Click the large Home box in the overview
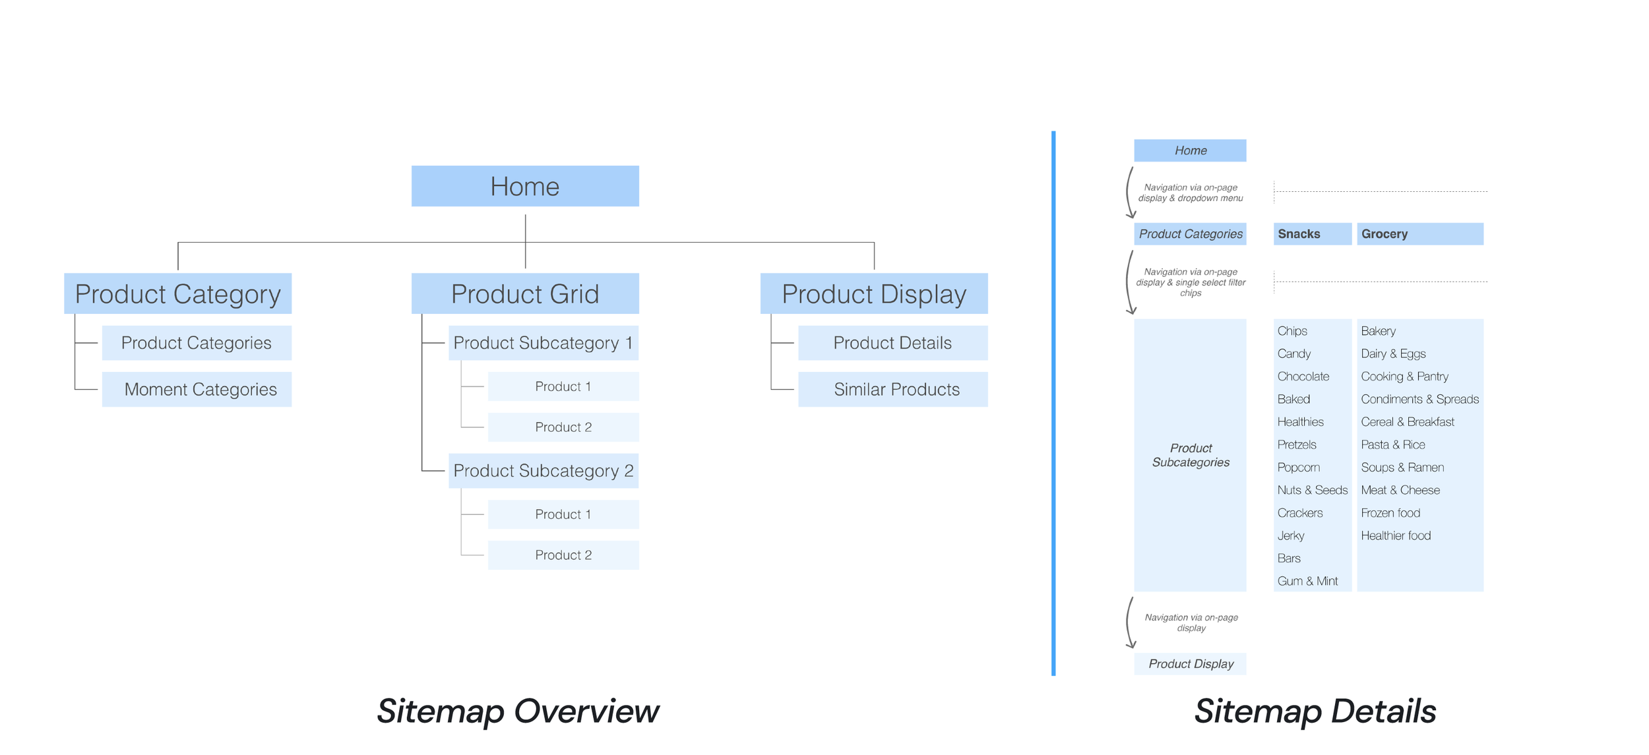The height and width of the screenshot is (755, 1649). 525,186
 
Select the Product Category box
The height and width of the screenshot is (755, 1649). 177,293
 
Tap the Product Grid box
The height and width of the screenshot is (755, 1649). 525,293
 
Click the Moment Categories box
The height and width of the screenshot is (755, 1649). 197,389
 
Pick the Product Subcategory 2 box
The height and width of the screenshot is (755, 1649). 544,471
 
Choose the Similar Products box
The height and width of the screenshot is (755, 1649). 893,389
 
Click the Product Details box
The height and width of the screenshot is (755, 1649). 893,343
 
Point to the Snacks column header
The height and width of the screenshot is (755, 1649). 1313,234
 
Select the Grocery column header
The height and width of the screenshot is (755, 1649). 1420,234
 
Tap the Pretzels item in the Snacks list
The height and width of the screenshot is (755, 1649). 1297,444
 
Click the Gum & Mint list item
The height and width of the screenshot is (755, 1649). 1307,581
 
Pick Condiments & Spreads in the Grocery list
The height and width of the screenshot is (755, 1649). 1419,399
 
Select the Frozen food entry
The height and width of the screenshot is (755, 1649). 1390,512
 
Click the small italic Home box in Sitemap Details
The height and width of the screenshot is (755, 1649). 1191,150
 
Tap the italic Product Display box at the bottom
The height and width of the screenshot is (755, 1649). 1191,664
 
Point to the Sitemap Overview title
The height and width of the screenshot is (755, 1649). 518,711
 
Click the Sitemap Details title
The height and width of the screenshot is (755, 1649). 1315,711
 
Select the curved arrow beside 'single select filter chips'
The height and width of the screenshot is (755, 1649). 1127,282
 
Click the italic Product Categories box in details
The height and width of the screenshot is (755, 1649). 1191,234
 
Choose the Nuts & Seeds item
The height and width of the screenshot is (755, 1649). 1312,490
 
